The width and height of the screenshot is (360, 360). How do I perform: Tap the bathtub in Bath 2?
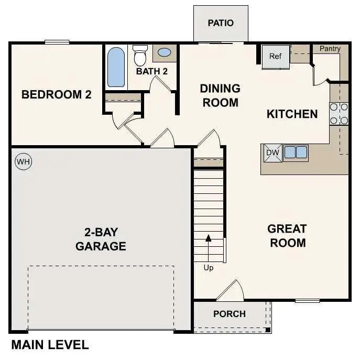click(116, 68)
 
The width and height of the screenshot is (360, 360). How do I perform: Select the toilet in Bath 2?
click(140, 54)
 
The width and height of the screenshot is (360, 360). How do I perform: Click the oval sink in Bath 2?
click(165, 53)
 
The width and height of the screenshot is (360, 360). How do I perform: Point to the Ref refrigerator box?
click(276, 56)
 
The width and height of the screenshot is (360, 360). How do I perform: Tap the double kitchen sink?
click(296, 152)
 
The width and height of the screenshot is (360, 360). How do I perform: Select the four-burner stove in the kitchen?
click(339, 114)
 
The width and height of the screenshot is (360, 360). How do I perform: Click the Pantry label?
click(330, 49)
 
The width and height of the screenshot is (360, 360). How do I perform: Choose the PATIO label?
click(221, 23)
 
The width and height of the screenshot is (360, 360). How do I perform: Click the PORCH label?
click(230, 314)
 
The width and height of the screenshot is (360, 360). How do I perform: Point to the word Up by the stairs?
click(209, 268)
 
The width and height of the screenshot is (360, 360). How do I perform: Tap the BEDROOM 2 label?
click(56, 95)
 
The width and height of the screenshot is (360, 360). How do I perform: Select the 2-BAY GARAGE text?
click(101, 239)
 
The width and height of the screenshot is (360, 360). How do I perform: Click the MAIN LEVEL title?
click(50, 345)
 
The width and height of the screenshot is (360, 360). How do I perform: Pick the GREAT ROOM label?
click(287, 236)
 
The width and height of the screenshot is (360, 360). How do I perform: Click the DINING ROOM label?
click(220, 95)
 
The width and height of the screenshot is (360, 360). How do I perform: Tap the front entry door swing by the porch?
click(231, 291)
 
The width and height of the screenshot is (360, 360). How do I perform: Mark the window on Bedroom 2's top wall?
click(57, 42)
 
